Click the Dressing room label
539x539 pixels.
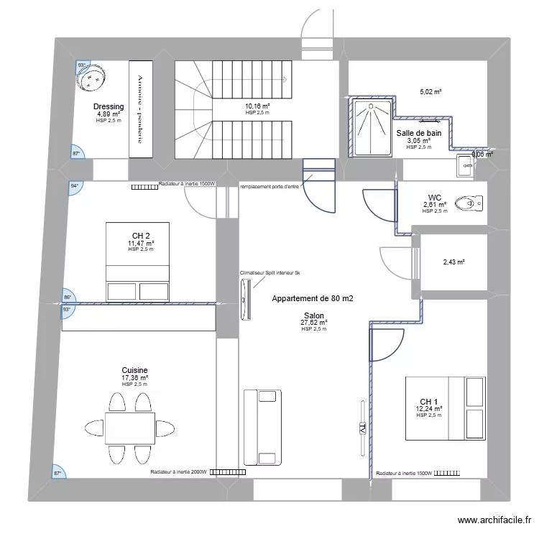[109, 107]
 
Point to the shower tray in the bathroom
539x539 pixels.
[372, 128]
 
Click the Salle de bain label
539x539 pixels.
[418, 133]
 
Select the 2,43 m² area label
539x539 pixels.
[453, 262]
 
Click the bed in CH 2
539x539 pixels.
[138, 262]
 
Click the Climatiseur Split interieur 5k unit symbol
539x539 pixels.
[247, 299]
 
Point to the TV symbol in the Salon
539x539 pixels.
[362, 428]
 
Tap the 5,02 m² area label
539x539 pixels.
[430, 92]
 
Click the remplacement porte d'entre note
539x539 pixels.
[269, 185]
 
